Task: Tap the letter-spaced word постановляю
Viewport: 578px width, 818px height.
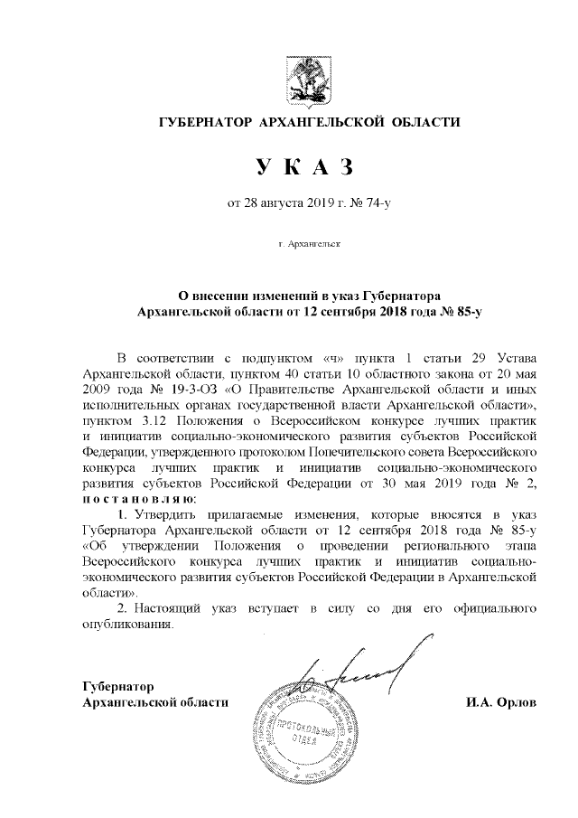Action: pos(136,503)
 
